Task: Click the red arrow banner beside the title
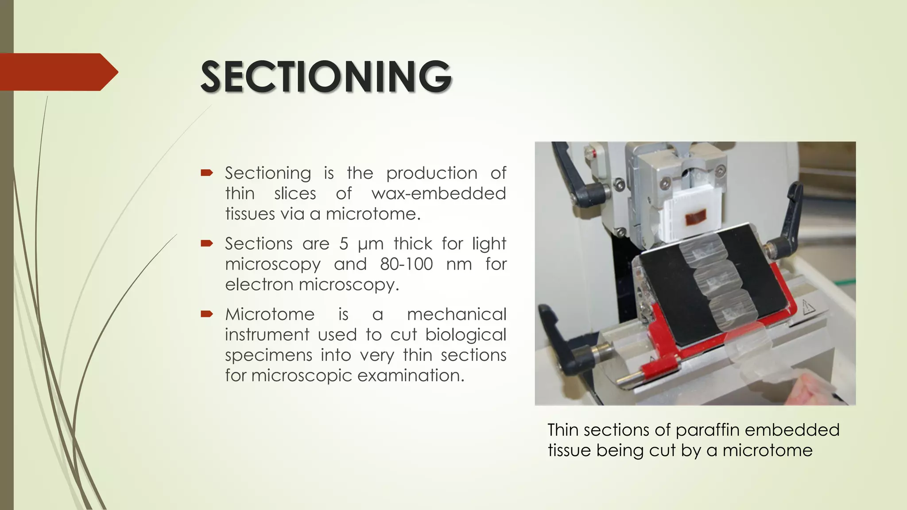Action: [x=58, y=72]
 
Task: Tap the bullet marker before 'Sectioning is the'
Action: [x=207, y=173]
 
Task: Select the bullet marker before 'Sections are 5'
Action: [x=207, y=243]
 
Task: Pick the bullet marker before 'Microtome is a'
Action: [x=207, y=314]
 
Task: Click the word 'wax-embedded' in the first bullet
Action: [x=438, y=193]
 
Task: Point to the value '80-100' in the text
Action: [x=406, y=264]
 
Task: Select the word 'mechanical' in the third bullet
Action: [x=456, y=314]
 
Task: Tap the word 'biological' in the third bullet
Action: [x=465, y=335]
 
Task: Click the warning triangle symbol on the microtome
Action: [x=809, y=306]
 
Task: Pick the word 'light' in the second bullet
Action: [x=489, y=244]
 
